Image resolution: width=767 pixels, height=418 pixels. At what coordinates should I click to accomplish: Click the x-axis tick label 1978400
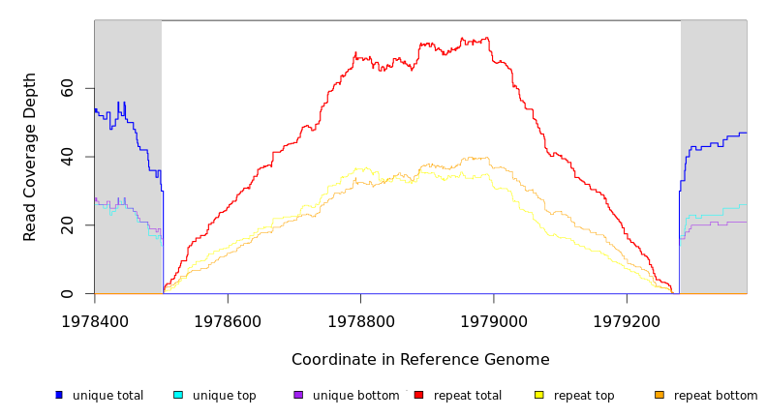[94, 321]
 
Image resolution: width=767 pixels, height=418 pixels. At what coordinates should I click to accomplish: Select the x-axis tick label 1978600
[228, 321]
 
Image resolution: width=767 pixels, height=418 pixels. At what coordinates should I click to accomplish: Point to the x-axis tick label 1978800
[360, 321]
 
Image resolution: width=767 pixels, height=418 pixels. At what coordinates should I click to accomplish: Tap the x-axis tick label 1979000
[493, 321]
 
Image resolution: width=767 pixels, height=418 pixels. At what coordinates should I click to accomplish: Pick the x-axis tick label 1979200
[626, 321]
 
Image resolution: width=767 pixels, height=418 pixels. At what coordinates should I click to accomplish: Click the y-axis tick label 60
[68, 88]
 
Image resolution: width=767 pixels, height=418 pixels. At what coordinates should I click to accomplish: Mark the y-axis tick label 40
[68, 157]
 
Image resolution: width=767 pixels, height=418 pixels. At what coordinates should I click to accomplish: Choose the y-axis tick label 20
[68, 225]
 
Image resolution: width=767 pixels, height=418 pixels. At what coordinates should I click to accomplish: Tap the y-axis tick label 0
[68, 293]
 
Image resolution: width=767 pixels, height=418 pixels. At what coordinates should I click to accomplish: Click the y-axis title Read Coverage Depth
[31, 157]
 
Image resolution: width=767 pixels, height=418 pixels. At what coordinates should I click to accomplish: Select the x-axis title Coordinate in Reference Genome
[420, 360]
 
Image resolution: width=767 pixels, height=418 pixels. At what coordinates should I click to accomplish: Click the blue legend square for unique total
[59, 395]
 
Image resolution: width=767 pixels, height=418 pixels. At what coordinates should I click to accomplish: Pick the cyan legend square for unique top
[178, 395]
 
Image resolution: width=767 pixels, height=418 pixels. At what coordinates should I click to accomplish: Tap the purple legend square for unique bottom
[298, 395]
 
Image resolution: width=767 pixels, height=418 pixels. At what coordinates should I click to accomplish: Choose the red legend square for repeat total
[418, 395]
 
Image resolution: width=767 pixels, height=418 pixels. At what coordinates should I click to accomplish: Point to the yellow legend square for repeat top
[538, 395]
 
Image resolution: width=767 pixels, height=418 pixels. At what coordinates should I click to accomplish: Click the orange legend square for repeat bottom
[660, 395]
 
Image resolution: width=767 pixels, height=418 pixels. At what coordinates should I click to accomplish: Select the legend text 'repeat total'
[468, 396]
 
